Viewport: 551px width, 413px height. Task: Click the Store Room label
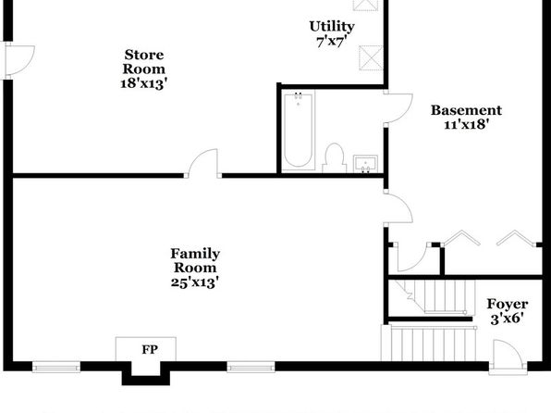coord(143,62)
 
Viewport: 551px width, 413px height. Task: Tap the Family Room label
coord(195,260)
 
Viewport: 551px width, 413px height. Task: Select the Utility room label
coord(332,27)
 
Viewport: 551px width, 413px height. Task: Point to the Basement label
coord(466,110)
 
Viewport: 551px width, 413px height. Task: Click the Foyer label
coord(507,305)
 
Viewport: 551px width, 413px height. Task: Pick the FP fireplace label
coord(150,350)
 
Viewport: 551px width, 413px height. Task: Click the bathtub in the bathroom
coord(299,131)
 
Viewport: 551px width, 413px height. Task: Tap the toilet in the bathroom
coord(334,157)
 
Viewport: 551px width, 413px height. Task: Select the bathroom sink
coord(365,164)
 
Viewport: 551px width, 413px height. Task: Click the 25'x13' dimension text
coord(195,282)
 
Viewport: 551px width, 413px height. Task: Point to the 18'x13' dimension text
coord(143,83)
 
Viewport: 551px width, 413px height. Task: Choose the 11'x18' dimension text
coord(466,125)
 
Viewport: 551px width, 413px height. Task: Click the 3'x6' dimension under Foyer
coord(507,319)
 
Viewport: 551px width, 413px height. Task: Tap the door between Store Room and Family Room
coord(202,163)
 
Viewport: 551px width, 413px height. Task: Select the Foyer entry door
coord(508,356)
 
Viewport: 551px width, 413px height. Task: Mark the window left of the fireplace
coord(56,368)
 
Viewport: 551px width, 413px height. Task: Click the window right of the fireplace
coord(251,368)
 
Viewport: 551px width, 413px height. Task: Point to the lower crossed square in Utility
coord(371,57)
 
